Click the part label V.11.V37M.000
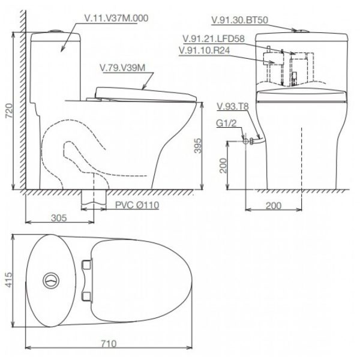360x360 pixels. (x=116, y=19)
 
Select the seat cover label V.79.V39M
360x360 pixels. (x=122, y=68)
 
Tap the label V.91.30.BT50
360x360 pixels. (x=239, y=20)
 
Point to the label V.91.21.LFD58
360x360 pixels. (x=214, y=39)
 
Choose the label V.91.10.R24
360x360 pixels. (x=205, y=50)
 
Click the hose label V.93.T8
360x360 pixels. (x=233, y=107)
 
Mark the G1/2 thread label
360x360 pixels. (x=226, y=123)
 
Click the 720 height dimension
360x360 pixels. (x=9, y=111)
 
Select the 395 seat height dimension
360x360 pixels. (x=197, y=146)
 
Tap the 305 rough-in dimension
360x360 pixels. (x=59, y=218)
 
